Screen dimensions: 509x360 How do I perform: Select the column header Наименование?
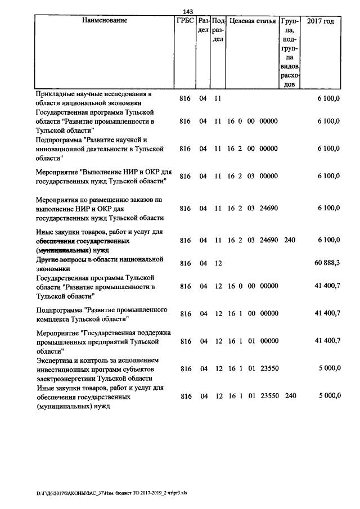(x=105, y=21)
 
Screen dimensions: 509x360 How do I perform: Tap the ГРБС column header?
(x=185, y=21)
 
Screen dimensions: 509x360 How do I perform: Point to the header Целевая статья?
(x=253, y=21)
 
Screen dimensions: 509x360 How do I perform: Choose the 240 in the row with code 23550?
(x=290, y=396)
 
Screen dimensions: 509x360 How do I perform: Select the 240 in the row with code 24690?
(x=290, y=240)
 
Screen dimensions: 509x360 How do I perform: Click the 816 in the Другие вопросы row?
(x=185, y=263)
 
